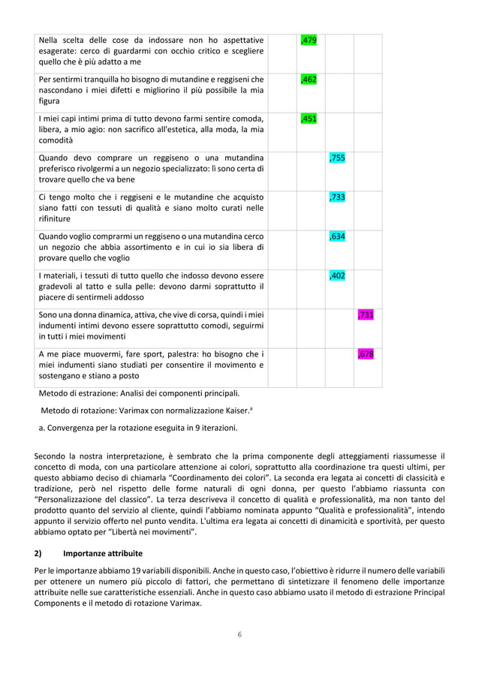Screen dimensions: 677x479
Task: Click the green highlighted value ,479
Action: coord(308,41)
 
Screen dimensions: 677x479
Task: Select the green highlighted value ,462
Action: coord(308,80)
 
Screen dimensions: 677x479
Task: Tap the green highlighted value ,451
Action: coord(308,119)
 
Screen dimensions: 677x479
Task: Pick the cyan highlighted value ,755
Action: coord(337,158)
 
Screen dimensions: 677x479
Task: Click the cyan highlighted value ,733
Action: coord(337,197)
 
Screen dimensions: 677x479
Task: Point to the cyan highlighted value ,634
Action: coord(337,236)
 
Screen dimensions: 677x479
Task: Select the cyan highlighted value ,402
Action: coord(337,275)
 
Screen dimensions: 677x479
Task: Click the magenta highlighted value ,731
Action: coord(366,314)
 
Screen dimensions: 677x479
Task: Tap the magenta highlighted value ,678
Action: coord(366,354)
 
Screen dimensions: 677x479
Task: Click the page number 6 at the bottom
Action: coord(239,634)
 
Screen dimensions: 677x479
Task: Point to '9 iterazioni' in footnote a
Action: coord(212,429)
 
